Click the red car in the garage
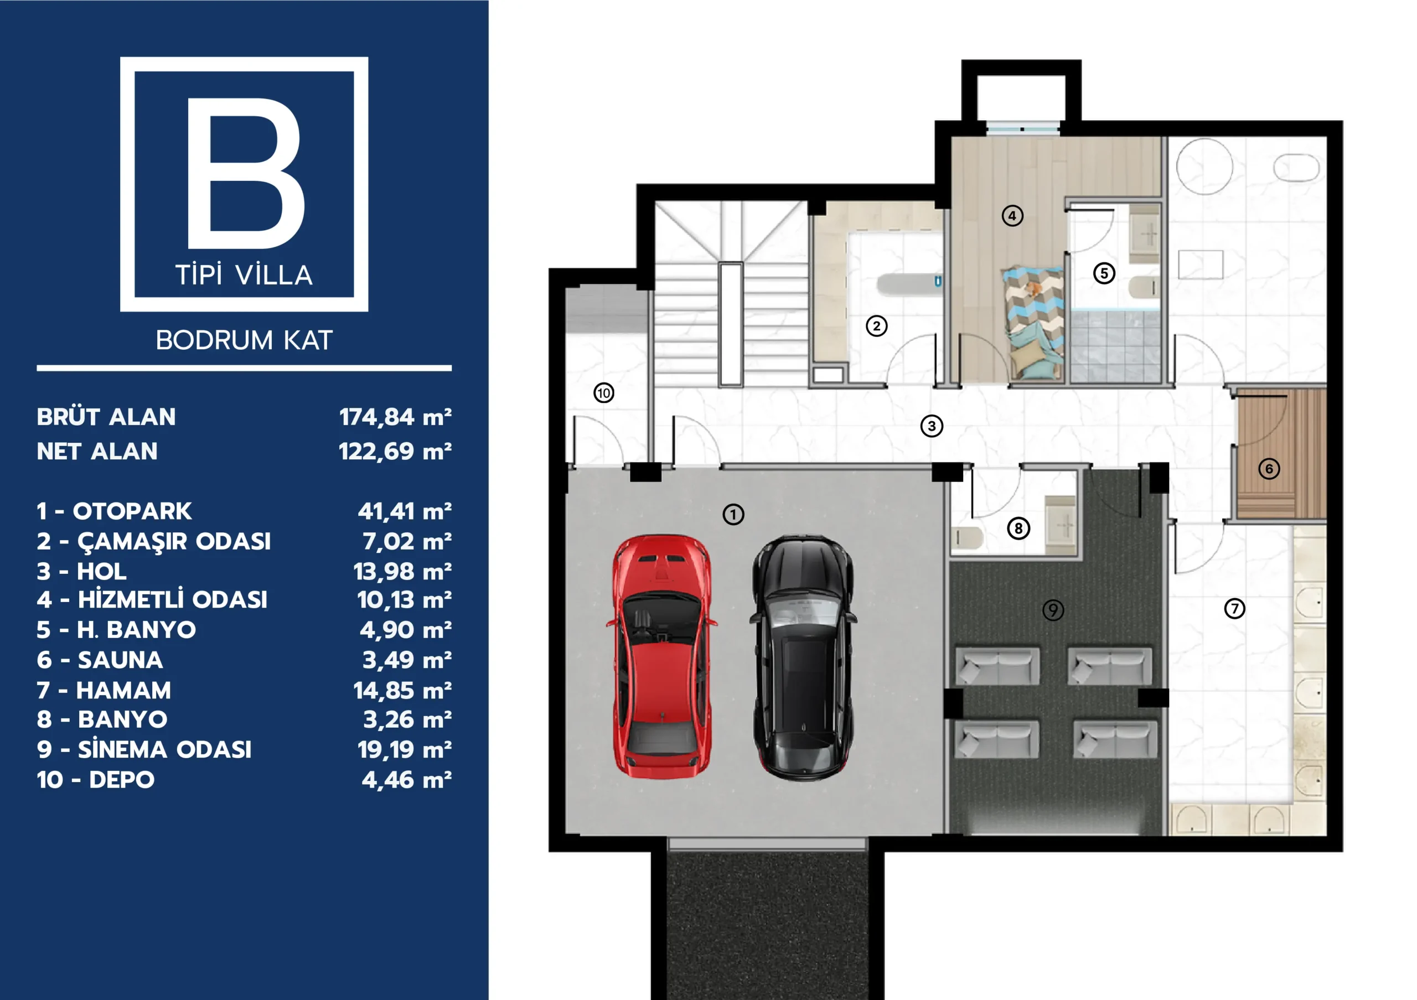pos(661,656)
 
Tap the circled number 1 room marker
pos(733,514)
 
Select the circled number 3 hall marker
pos(932,426)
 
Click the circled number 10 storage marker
pos(603,393)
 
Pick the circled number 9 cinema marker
pos(1053,610)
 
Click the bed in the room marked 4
pos(1033,322)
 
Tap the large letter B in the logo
pos(246,173)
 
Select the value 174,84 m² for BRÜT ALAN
pos(395,417)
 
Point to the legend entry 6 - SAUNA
pos(100,660)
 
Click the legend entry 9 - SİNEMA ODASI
pos(144,749)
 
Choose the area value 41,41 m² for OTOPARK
pos(404,511)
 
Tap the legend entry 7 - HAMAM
pos(104,690)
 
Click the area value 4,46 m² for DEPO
pos(406,780)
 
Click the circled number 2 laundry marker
pos(876,326)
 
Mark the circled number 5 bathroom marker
pos(1104,273)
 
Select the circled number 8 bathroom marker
pos(1018,528)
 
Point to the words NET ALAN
pos(97,452)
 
